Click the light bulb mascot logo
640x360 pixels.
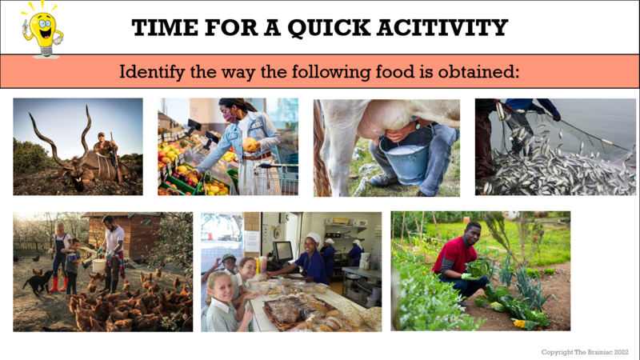pos(43,30)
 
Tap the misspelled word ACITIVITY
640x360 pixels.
pos(442,27)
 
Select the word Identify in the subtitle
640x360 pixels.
pos(151,72)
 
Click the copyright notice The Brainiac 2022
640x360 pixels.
pos(585,352)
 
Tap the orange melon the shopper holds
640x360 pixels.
pos(250,144)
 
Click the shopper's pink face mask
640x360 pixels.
pos(230,118)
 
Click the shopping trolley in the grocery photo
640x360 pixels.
pos(275,178)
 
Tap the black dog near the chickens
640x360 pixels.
pos(38,282)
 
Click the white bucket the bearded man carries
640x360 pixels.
pos(98,266)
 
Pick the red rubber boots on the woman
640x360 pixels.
pos(58,284)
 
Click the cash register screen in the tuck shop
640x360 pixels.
pos(282,251)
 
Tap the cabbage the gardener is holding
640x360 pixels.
pos(478,268)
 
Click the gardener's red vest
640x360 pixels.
pos(453,255)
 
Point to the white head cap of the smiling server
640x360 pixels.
pos(314,238)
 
